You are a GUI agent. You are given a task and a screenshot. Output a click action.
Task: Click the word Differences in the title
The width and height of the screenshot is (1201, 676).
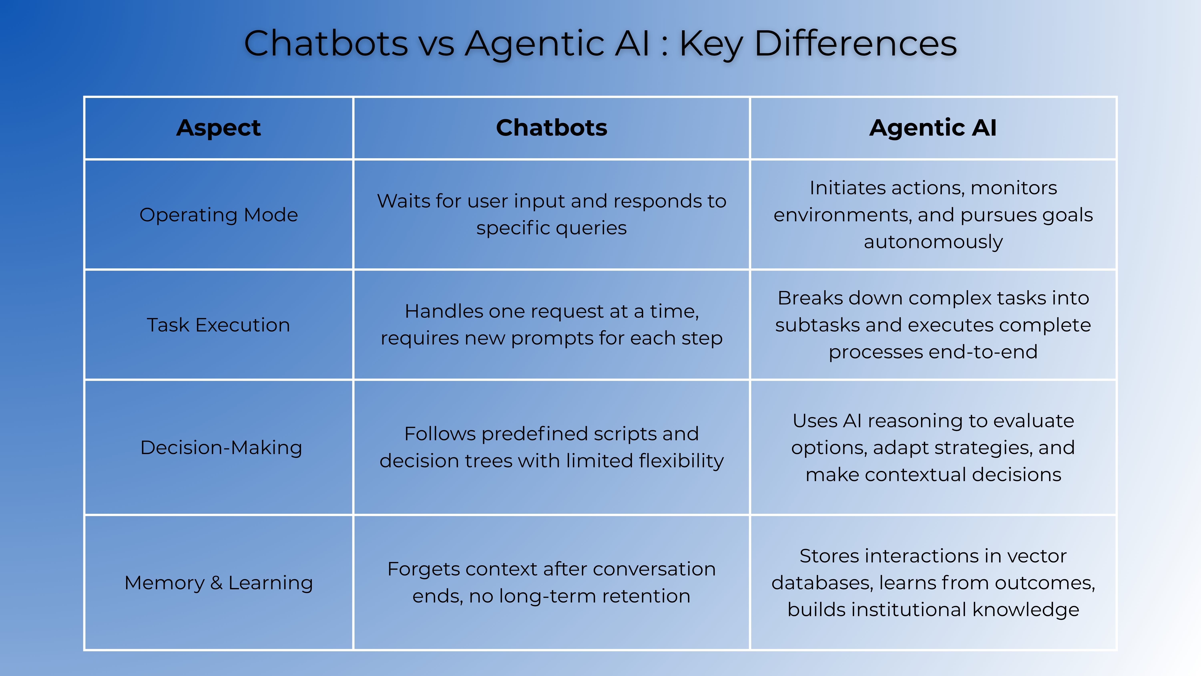pos(856,43)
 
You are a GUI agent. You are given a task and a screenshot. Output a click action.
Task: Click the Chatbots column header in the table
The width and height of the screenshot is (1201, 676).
pos(551,128)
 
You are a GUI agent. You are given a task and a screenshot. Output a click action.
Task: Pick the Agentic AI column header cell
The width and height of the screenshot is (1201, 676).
pos(933,128)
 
